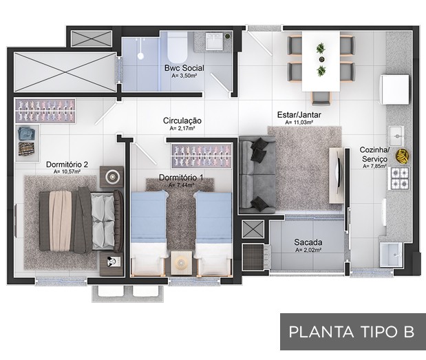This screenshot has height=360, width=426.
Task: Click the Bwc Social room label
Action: coord(184,68)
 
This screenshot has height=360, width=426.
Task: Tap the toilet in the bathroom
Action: coord(178,47)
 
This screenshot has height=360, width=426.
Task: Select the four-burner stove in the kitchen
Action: coord(400,178)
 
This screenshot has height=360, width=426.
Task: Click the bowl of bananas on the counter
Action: coord(402,156)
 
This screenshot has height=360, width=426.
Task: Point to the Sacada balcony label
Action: coord(308,242)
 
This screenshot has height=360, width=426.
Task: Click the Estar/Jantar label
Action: coord(299,115)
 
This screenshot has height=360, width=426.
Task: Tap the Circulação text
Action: coord(182,120)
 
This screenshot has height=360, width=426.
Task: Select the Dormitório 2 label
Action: coord(67,165)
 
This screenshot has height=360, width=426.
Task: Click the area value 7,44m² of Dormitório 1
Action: coord(181,185)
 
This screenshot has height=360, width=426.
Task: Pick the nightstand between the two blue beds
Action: coord(181,263)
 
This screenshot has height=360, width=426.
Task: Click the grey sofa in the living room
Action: coord(257,175)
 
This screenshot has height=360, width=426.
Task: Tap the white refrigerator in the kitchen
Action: coord(394,89)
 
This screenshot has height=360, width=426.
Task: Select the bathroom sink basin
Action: coord(214,41)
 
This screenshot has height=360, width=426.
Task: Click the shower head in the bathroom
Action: coord(140,56)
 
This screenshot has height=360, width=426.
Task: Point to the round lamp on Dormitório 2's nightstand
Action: coord(112,177)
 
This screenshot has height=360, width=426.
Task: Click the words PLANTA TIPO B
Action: coord(352,332)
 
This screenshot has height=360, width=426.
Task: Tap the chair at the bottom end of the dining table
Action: coord(321,98)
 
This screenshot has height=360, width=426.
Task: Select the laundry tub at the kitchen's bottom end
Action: coord(391,255)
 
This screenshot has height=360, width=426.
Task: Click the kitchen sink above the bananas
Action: coord(396,136)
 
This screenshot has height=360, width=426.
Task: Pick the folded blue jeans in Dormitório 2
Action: coord(27,134)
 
